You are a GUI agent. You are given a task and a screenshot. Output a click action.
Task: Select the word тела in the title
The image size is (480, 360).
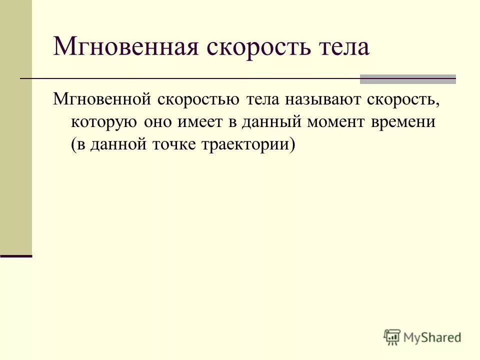[343, 47]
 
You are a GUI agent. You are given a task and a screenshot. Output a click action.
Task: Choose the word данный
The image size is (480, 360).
[272, 121]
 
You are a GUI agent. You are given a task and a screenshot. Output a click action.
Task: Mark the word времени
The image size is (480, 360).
[405, 121]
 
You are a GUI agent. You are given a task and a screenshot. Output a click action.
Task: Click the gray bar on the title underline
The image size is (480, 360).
[408, 79]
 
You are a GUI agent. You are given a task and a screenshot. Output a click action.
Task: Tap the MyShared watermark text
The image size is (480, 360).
[432, 338]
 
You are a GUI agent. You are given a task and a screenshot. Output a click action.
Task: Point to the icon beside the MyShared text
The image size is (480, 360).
[392, 337]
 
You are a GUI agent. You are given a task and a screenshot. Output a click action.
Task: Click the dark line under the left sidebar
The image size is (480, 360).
[16, 255]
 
